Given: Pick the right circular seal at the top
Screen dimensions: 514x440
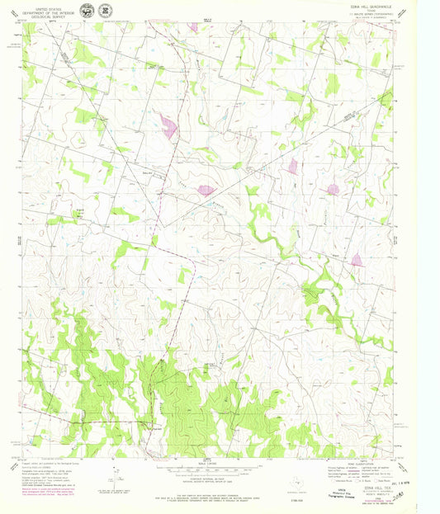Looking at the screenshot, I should click(105, 11).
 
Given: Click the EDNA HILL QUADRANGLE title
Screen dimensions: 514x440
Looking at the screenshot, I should click(370, 6).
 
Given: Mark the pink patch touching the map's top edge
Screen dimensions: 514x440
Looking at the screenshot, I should click(193, 26).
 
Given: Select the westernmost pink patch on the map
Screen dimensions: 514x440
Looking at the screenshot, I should click(169, 126).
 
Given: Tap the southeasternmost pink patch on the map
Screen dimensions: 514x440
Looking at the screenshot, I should click(357, 260).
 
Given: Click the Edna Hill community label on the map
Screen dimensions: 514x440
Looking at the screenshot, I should click(80, 211).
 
